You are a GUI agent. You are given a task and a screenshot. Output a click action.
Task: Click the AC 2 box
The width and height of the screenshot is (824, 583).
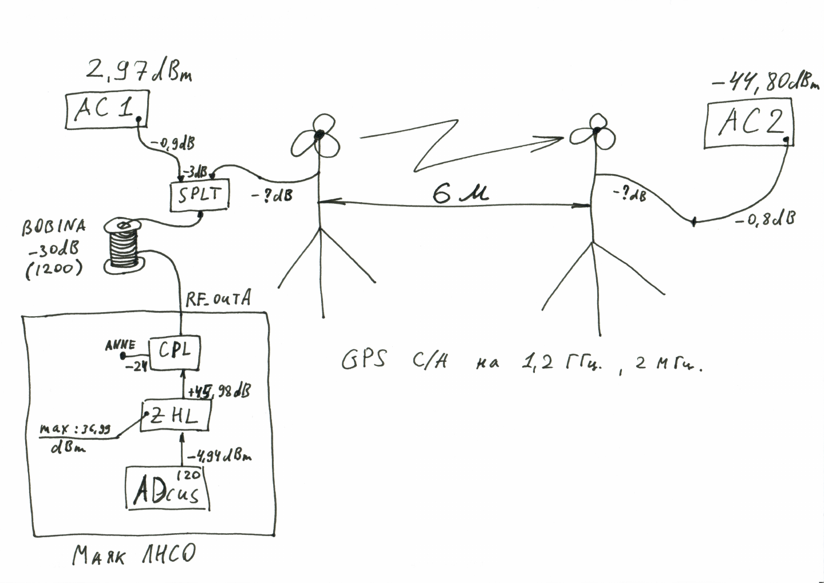coord(748,124)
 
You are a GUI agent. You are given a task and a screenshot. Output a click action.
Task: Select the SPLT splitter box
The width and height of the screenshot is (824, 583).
coord(199,195)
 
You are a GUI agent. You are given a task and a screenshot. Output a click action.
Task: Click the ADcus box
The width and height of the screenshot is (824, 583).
coord(167,489)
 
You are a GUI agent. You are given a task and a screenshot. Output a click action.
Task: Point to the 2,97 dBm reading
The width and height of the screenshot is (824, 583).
coord(138,72)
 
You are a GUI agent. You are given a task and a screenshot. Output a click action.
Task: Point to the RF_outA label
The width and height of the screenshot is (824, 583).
coord(218,298)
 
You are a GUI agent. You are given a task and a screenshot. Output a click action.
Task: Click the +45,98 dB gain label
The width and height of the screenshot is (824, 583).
coord(219,391)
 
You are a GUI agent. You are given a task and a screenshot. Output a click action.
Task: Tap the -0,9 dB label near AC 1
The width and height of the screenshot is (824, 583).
coord(172,144)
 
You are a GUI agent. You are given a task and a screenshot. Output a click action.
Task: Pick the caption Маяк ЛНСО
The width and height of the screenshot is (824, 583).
coord(134,554)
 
